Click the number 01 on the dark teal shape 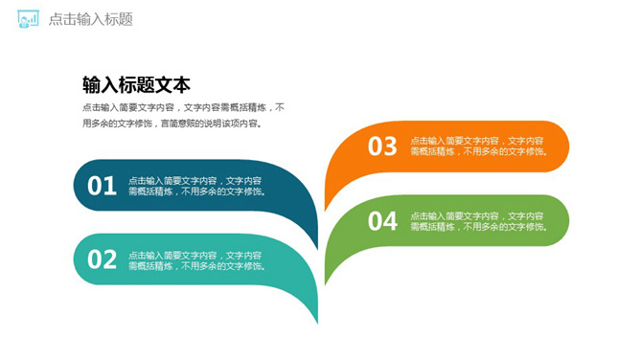click(x=103, y=186)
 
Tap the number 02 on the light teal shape click(x=103, y=259)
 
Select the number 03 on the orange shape click(x=382, y=146)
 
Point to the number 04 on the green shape click(x=382, y=221)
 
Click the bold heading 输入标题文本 click(x=136, y=84)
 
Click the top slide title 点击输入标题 click(x=90, y=19)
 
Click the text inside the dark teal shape click(x=196, y=186)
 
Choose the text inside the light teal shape click(x=196, y=259)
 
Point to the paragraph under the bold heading click(x=183, y=115)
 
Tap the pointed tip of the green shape click(x=326, y=283)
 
